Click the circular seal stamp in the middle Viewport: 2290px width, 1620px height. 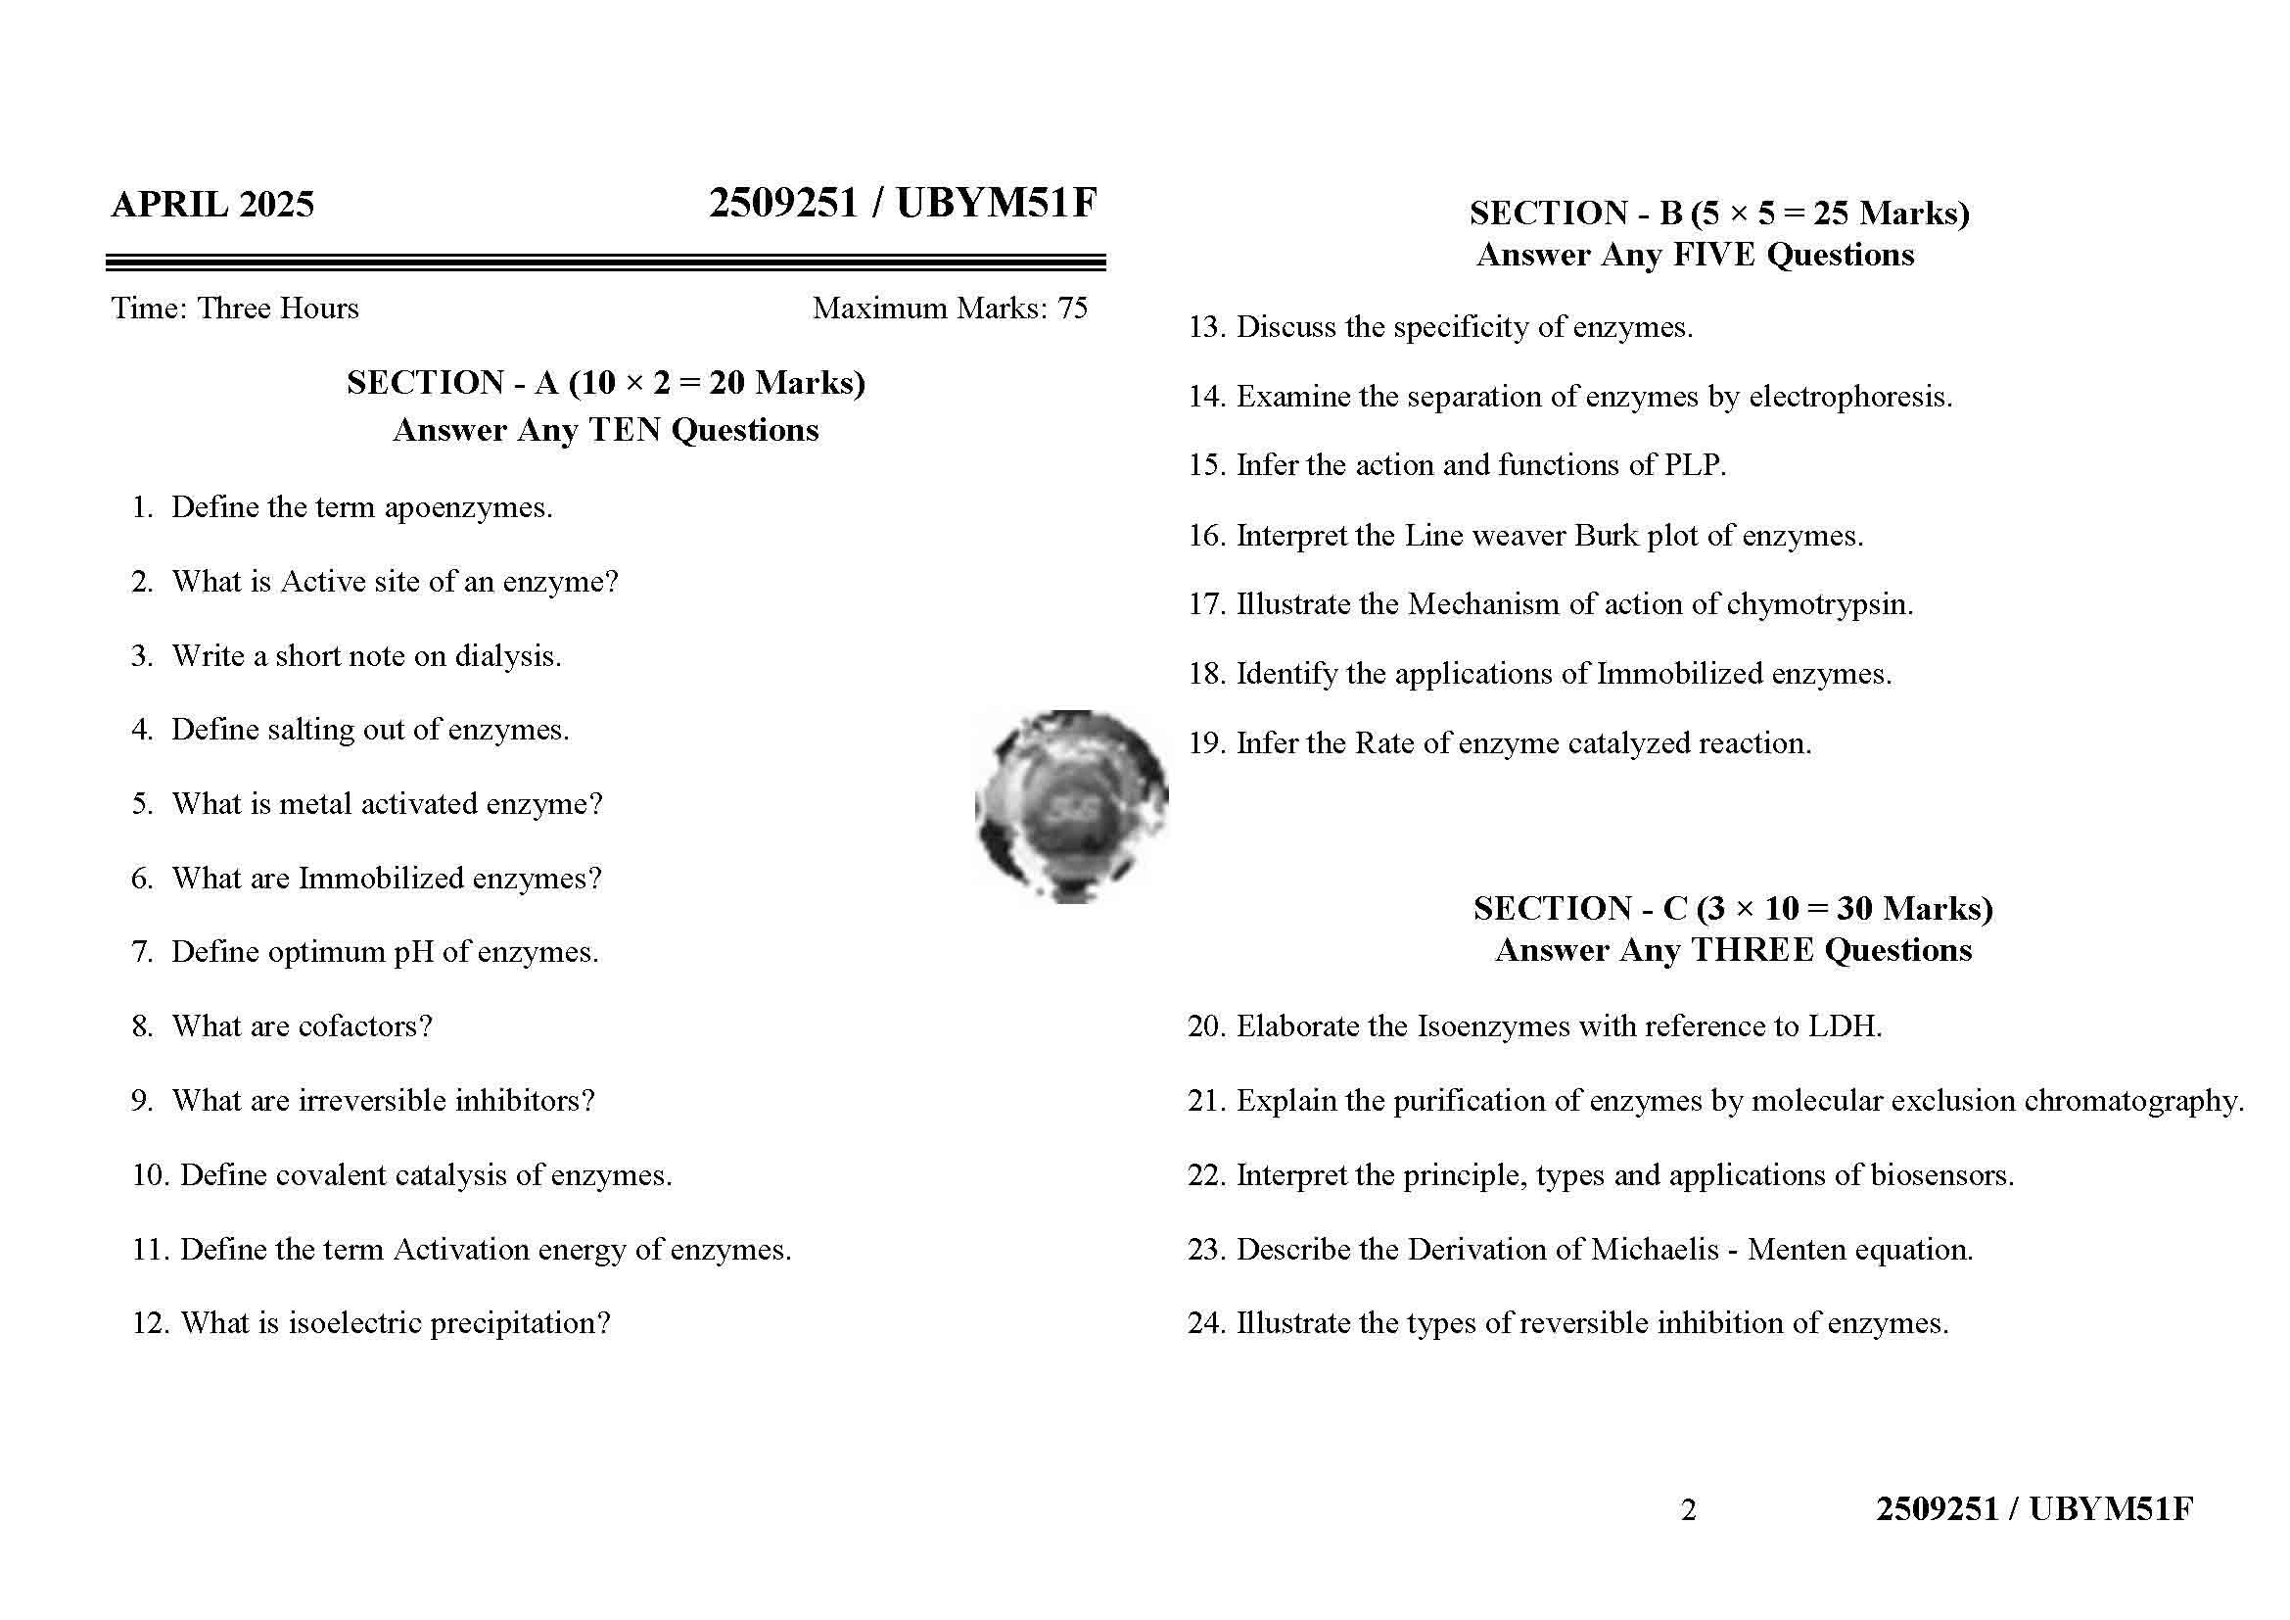[1070, 806]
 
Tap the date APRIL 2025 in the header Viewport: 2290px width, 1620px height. [212, 205]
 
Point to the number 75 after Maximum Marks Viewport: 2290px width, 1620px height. [1072, 309]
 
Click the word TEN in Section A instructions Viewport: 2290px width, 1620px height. [625, 430]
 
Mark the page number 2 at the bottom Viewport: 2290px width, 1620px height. [1688, 1510]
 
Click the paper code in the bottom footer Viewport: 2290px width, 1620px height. [2033, 1509]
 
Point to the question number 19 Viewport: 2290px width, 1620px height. [1205, 744]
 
